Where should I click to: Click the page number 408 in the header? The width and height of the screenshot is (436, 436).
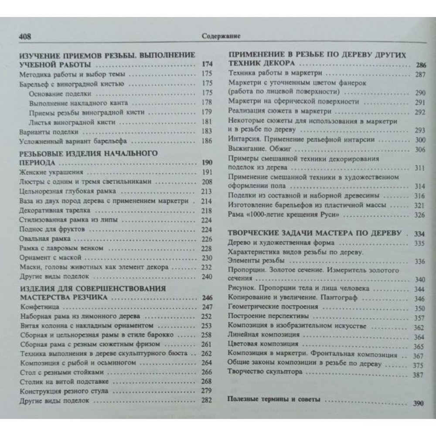[24, 36]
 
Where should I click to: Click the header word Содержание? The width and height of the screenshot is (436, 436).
[222, 36]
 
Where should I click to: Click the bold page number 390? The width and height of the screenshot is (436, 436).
[418, 403]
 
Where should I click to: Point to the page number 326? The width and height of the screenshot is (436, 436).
[419, 215]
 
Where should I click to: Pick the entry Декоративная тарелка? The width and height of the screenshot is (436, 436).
[48, 210]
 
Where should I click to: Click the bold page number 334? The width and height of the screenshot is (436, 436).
[419, 233]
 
